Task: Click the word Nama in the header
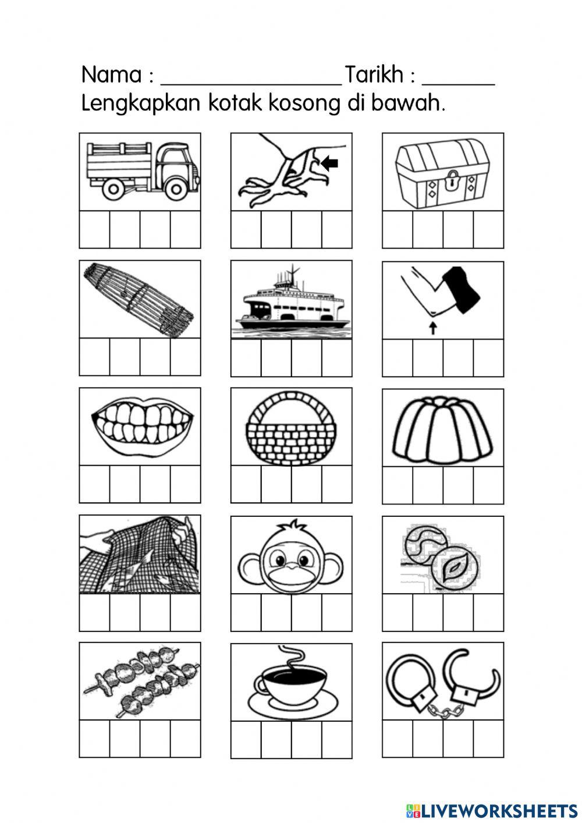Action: pyautogui.click(x=111, y=75)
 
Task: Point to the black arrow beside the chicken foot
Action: pyautogui.click(x=330, y=165)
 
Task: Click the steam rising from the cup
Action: pyautogui.click(x=289, y=658)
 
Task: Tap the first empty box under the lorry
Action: pyautogui.click(x=95, y=230)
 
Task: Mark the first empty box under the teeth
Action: pyautogui.click(x=95, y=484)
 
